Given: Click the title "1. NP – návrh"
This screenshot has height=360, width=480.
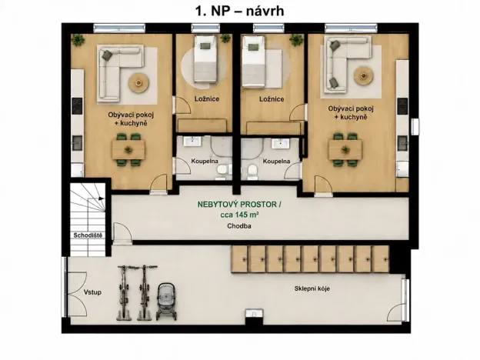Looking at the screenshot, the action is [240, 12].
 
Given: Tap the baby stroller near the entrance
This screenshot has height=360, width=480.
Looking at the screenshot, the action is [166, 302].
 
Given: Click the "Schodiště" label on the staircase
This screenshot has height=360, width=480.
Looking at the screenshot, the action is [88, 235].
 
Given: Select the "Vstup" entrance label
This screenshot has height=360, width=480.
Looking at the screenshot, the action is [92, 292].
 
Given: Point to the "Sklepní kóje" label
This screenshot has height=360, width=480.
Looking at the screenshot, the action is [312, 288].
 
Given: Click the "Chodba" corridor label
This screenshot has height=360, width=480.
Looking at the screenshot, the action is [239, 226].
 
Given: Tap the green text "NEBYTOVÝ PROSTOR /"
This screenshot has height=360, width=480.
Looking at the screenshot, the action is [239, 205].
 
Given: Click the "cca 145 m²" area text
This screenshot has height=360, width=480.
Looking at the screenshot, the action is [239, 215].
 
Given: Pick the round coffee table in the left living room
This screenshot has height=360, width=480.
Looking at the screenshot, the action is [138, 82].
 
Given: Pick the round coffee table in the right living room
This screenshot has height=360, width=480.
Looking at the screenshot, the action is [363, 75].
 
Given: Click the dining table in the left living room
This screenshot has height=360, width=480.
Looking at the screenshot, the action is [128, 150].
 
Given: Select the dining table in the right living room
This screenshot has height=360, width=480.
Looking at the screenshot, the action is [345, 150].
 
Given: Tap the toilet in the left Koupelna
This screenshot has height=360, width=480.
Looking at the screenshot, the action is [222, 170].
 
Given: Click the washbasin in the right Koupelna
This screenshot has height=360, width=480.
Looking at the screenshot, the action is [281, 142].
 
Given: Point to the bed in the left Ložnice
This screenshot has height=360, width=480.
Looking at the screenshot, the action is [205, 59].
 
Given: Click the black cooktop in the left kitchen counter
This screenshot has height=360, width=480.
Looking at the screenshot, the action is [77, 106].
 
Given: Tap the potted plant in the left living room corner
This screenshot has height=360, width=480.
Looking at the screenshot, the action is [78, 40].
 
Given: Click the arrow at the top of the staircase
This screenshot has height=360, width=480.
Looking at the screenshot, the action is [102, 198].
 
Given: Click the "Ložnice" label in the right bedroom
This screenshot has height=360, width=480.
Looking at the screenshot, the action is [272, 99].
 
